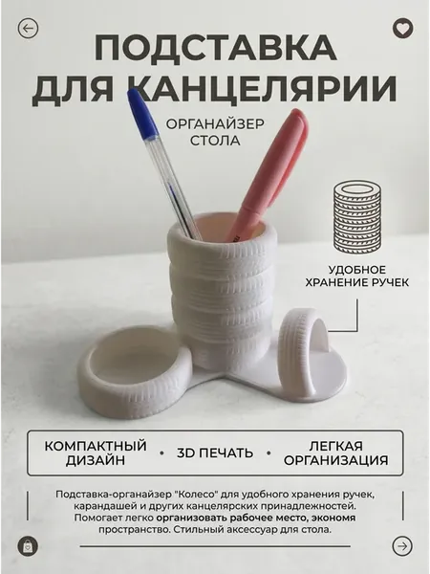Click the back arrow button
[28, 28]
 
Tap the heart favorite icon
[402, 28]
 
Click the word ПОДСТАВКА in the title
[215, 49]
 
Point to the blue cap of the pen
[141, 114]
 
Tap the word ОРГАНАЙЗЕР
[215, 123]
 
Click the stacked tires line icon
[356, 215]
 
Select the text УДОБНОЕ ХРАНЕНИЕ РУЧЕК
[356, 276]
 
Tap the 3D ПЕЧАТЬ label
[215, 453]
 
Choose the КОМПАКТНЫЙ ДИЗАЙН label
[96, 453]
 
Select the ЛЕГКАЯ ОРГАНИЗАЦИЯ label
[335, 453]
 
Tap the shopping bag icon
[28, 546]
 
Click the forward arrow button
[402, 546]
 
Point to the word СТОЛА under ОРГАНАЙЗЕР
[215, 141]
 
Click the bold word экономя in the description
[336, 518]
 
